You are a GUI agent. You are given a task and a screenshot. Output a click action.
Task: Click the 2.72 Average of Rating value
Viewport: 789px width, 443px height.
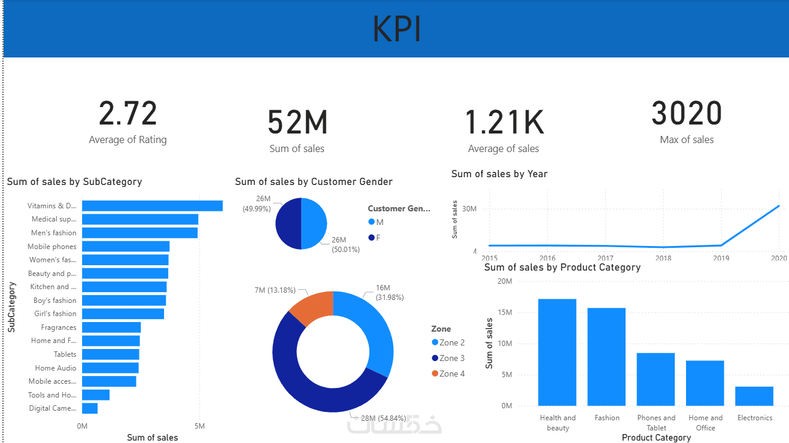coord(128,114)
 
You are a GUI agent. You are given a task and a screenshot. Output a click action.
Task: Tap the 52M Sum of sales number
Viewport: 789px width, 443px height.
coord(297,122)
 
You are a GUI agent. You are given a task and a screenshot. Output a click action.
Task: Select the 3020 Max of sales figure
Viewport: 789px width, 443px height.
coord(687,114)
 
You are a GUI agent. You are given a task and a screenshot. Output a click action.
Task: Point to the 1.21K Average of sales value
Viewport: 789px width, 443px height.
coord(504,122)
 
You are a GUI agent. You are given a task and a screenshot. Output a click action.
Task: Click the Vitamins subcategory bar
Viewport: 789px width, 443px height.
coord(152,206)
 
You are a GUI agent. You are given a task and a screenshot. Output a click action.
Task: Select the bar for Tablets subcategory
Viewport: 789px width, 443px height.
coord(111,354)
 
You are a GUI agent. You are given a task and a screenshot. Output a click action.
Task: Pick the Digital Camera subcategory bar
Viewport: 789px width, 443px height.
coord(90,408)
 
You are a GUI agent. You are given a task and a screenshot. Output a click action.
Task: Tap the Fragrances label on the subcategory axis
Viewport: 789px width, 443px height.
coord(59,327)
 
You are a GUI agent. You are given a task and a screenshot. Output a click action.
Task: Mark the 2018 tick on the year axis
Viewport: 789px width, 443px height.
coord(663,257)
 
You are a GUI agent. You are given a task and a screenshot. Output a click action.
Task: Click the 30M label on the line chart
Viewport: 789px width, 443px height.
coord(469,209)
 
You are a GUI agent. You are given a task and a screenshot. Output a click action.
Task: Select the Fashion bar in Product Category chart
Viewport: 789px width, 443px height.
coord(606,357)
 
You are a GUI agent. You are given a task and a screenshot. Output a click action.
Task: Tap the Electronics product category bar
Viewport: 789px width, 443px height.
coord(754,396)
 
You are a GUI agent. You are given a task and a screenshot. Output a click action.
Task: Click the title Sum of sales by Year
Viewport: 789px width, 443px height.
coord(499,174)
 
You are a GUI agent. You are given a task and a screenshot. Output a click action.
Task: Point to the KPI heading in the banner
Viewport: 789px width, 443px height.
coord(397,29)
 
